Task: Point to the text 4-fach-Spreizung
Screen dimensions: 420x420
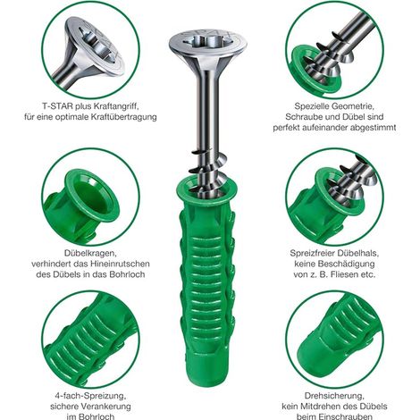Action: (90, 396)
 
